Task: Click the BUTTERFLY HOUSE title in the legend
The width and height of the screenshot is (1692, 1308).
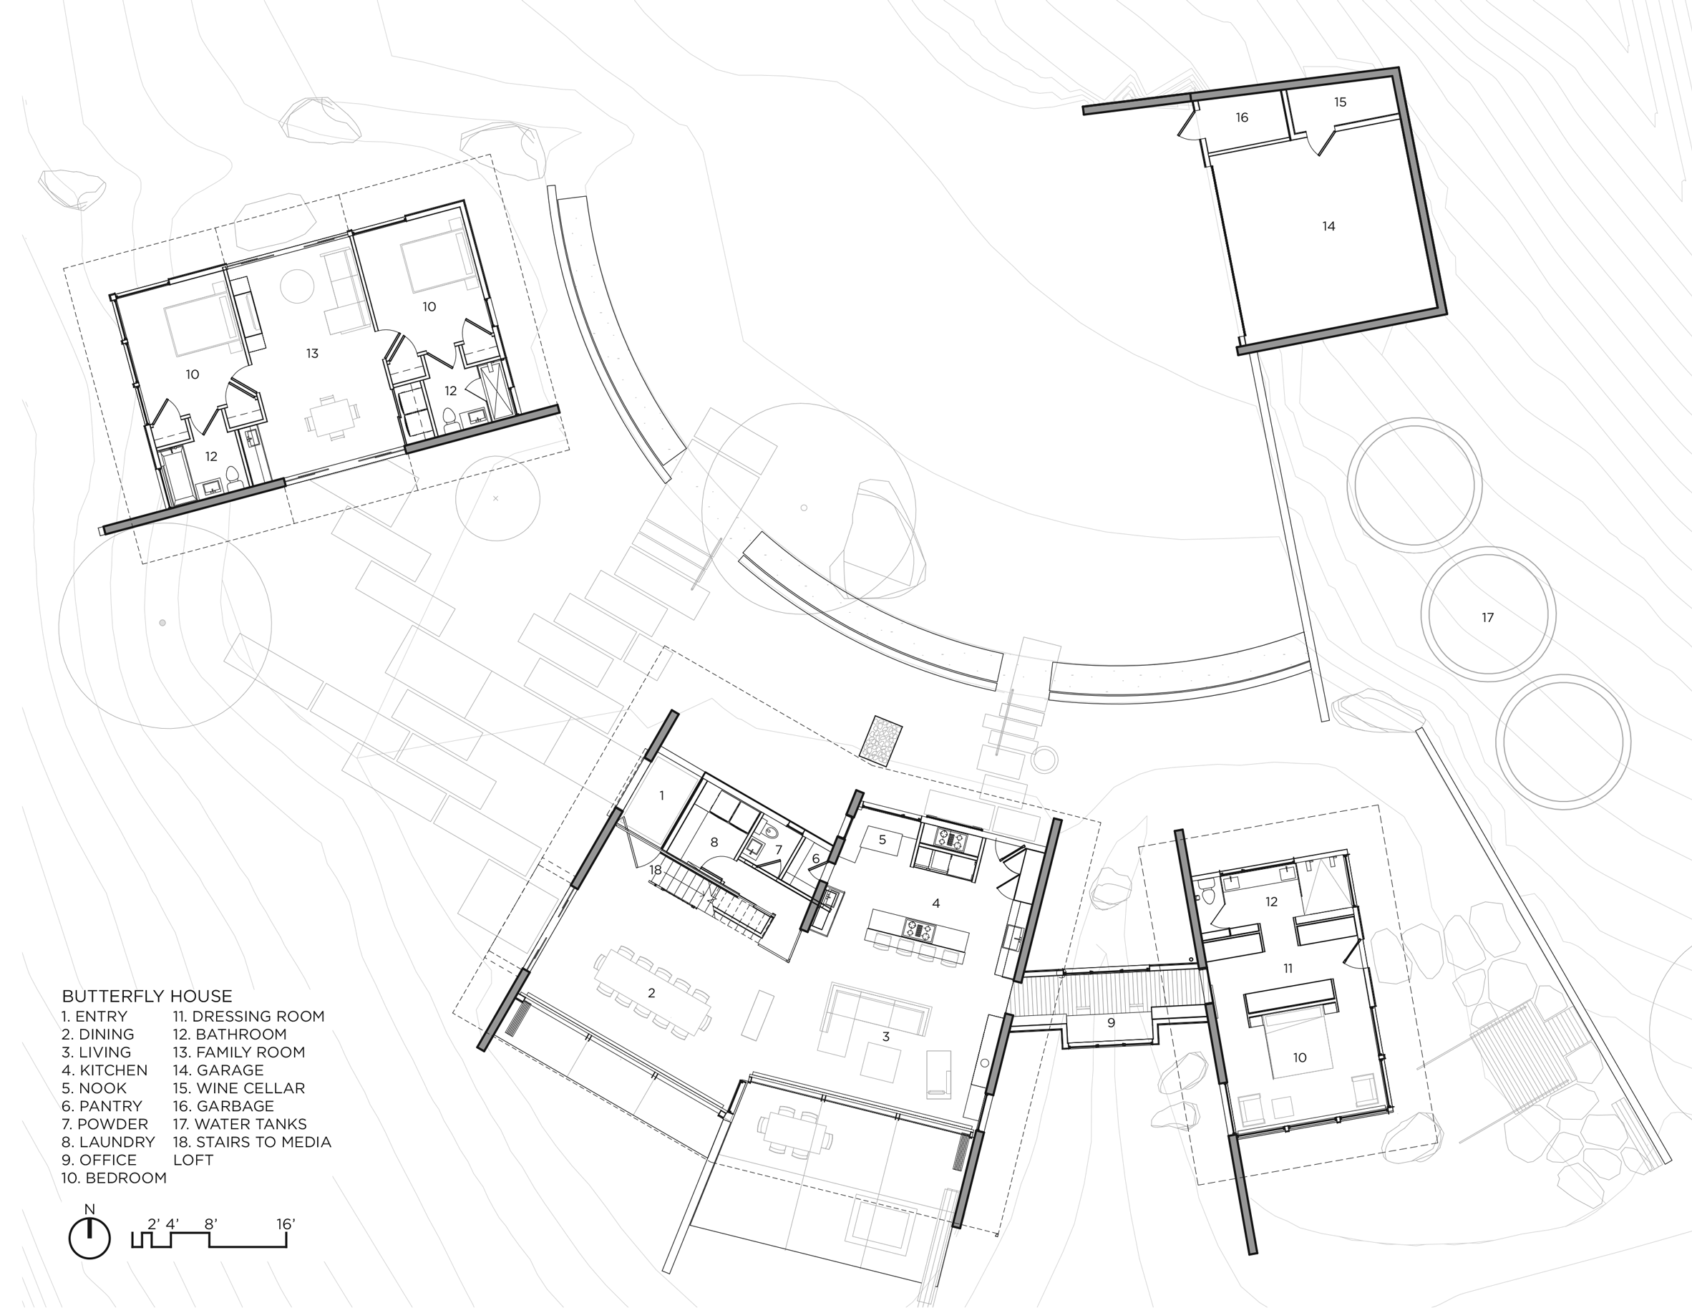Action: [x=147, y=997]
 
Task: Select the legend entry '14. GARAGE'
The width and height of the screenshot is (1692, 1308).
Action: [x=218, y=1070]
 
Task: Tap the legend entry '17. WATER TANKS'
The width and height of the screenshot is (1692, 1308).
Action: [x=240, y=1123]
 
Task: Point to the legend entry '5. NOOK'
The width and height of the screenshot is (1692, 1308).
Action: [x=94, y=1088]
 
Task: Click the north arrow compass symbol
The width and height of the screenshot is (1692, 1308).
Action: [x=90, y=1239]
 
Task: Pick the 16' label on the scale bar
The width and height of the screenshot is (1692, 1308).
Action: [x=286, y=1224]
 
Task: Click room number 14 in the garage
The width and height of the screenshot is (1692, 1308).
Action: [x=1328, y=226]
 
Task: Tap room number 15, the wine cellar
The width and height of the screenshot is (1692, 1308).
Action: [x=1341, y=102]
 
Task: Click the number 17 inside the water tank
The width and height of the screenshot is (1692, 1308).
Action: [x=1487, y=618]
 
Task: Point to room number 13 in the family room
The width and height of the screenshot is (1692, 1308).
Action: [x=312, y=354]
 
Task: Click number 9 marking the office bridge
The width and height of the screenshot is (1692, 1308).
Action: [x=1111, y=1023]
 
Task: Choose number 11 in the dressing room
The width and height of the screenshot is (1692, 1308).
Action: [x=1288, y=969]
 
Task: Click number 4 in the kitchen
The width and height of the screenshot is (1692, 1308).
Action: [x=936, y=903]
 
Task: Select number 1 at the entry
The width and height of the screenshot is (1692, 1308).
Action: [x=661, y=795]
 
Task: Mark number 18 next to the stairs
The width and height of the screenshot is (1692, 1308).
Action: [x=656, y=870]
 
